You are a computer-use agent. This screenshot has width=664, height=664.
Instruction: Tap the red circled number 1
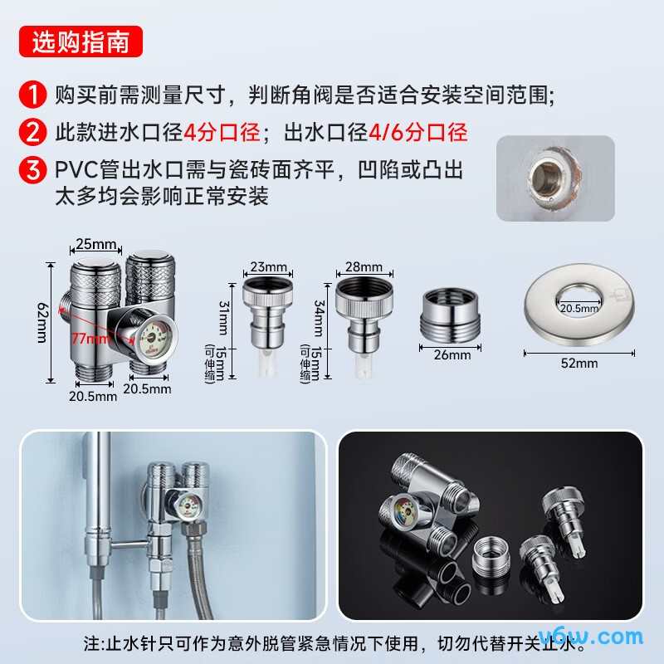(32, 94)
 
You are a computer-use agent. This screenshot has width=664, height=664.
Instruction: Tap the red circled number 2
(32, 132)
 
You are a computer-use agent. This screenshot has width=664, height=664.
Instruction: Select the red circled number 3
(32, 171)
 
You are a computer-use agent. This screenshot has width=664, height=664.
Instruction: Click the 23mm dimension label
(268, 267)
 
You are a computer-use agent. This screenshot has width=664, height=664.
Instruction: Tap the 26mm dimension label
(452, 354)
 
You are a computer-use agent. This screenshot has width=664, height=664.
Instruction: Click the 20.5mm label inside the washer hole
(579, 308)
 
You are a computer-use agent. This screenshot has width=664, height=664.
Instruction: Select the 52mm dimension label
(579, 363)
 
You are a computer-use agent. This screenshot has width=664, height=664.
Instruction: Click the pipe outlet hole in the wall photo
(551, 178)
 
